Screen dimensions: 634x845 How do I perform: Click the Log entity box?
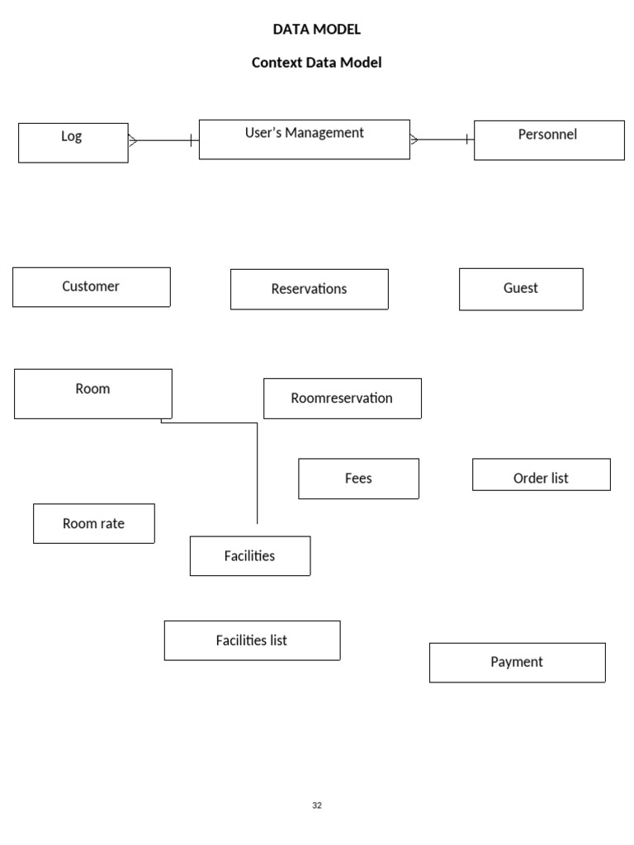click(73, 143)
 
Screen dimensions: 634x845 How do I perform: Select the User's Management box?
click(305, 139)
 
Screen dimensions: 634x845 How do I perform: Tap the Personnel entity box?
click(549, 140)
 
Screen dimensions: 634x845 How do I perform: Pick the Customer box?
click(92, 287)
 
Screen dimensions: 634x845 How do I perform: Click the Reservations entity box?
click(310, 290)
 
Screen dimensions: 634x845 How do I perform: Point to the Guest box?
click(522, 290)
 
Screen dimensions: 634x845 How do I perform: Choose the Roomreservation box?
click(343, 399)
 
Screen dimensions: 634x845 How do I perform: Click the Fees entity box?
click(359, 479)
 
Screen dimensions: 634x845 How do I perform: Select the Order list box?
click(542, 474)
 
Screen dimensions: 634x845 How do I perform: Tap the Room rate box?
click(94, 523)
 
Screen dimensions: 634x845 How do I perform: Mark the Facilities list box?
click(253, 640)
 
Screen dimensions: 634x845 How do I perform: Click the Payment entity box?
click(518, 663)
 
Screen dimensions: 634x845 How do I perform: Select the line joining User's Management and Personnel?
click(442, 139)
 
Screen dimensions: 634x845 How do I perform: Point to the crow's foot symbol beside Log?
click(133, 140)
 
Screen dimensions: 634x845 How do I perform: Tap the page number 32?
click(317, 805)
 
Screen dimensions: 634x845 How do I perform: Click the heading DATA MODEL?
click(317, 29)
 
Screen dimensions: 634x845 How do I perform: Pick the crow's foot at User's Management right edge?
click(414, 139)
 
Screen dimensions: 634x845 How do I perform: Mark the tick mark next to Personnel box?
click(467, 139)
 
